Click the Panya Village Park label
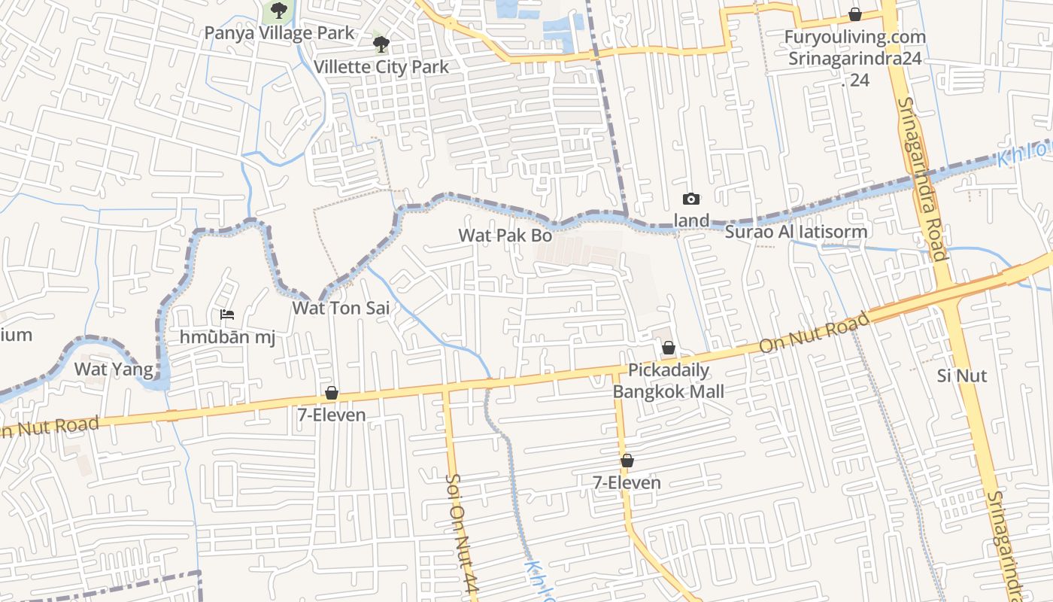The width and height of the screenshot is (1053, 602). click(279, 33)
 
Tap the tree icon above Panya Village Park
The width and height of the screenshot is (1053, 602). click(279, 11)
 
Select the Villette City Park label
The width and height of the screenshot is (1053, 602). click(381, 66)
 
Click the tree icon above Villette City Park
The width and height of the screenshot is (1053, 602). click(381, 44)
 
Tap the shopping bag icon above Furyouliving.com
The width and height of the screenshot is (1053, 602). click(855, 14)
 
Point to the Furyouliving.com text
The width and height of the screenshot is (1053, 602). click(855, 37)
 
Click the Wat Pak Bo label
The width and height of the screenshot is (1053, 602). click(505, 236)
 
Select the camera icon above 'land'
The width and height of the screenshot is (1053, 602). click(690, 199)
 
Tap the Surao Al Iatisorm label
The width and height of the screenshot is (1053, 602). click(796, 232)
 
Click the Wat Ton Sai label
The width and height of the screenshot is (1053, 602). click(341, 308)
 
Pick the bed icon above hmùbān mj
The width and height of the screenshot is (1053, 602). click(226, 315)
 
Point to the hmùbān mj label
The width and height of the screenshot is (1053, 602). click(226, 336)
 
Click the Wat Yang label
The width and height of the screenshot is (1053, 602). click(114, 369)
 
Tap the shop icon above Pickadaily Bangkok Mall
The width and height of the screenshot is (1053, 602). click(668, 348)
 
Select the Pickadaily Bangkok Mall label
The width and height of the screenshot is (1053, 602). click(668, 381)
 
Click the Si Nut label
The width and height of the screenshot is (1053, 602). click(962, 375)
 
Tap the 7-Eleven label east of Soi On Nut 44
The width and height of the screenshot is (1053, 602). click(627, 482)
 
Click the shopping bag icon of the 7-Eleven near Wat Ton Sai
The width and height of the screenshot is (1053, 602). click(331, 393)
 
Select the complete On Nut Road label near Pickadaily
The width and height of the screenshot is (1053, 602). click(815, 333)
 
